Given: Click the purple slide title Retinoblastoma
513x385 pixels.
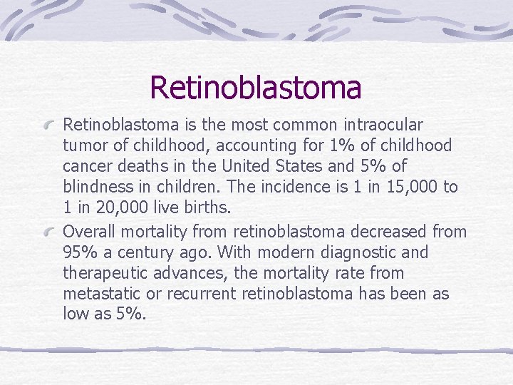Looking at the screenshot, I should click(256, 88).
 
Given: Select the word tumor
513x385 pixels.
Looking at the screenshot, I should click(85, 146).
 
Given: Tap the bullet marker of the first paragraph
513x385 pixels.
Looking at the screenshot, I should click(51, 125).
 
